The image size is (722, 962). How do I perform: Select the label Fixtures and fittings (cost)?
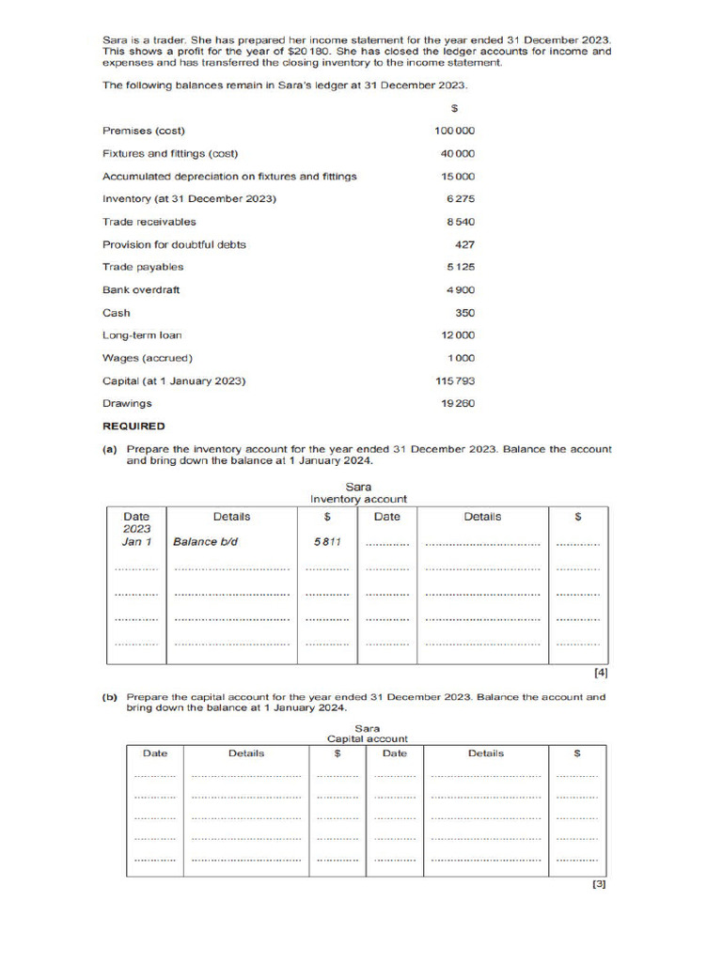[170, 154]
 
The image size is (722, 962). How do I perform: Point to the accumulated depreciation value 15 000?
[458, 177]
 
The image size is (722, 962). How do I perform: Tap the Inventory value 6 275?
[461, 199]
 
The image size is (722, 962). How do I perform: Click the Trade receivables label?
[149, 222]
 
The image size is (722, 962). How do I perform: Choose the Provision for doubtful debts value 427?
[464, 244]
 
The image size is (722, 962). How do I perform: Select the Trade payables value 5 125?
[461, 267]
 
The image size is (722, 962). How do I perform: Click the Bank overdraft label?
[141, 289]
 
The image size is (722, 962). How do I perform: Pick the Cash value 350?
[464, 313]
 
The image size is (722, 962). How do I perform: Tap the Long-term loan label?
[142, 335]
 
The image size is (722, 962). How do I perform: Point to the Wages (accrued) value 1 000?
[461, 358]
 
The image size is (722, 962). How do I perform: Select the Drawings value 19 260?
[458, 403]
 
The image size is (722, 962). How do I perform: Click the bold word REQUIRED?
[133, 426]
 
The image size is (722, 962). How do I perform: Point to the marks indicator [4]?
[601, 673]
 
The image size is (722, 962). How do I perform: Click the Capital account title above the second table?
[368, 739]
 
